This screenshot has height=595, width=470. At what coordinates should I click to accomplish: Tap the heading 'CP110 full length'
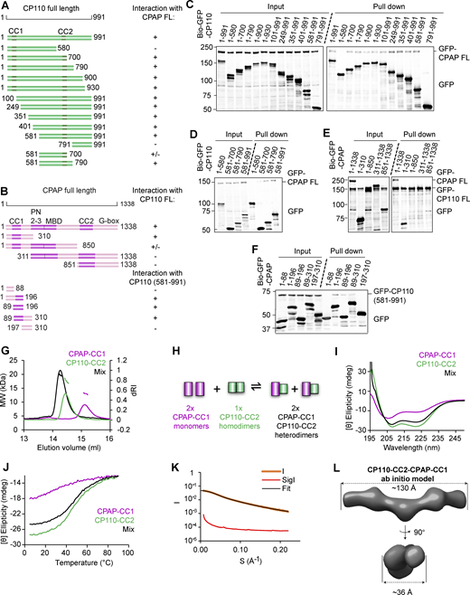point(42,8)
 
